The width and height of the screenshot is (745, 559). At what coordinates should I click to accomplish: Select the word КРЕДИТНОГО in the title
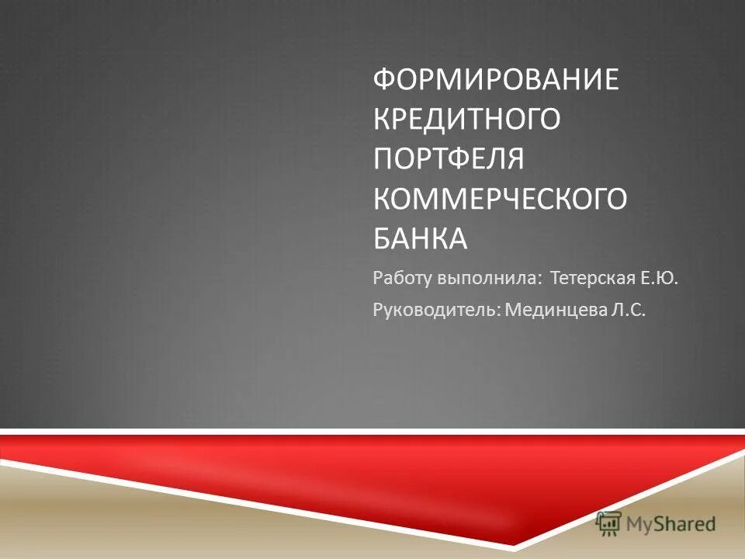pyautogui.click(x=466, y=120)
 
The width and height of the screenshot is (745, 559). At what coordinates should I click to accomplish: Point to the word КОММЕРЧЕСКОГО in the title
pyautogui.click(x=500, y=199)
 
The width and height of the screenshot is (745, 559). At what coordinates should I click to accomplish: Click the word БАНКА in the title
pyautogui.click(x=421, y=238)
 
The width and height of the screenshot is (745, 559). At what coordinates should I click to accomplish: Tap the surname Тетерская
pyautogui.click(x=594, y=277)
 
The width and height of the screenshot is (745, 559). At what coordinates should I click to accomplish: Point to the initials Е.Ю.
pyautogui.click(x=661, y=277)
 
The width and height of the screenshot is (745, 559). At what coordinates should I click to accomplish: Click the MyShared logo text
pyautogui.click(x=672, y=524)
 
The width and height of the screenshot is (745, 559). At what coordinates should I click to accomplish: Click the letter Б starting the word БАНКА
pyautogui.click(x=381, y=238)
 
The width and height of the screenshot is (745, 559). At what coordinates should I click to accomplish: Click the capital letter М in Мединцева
pyautogui.click(x=511, y=311)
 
